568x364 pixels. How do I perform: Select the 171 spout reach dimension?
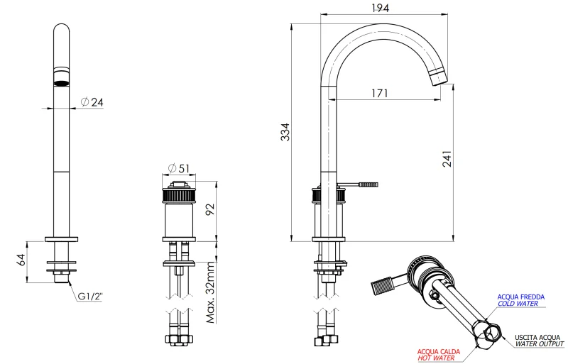(378, 93)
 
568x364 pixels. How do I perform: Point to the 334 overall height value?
(285, 132)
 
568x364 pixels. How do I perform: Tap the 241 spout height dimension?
(447, 160)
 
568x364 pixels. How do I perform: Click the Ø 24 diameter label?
(92, 102)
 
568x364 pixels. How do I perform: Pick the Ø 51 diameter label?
(179, 168)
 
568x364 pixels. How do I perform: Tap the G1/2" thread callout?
(91, 296)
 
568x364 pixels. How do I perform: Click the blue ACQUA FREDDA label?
(520, 297)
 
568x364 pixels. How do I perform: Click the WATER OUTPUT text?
(540, 345)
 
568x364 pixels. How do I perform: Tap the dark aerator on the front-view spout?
(62, 77)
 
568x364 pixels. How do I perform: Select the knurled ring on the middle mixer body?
(179, 194)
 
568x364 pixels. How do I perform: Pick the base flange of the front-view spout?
(62, 239)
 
